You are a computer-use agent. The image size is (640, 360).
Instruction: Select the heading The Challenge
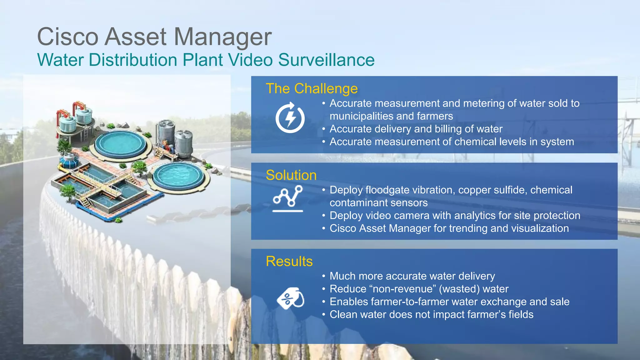[x=312, y=89]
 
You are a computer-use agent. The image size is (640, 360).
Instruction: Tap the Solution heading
[x=291, y=175]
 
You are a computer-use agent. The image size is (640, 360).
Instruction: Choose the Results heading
[x=289, y=261]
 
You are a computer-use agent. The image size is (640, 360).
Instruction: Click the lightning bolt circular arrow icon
[x=290, y=118]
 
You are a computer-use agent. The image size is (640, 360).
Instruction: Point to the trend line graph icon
[x=288, y=198]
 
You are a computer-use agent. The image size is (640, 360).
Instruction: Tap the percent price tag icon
[x=290, y=298]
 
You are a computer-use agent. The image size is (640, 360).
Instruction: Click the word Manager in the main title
[x=222, y=37]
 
